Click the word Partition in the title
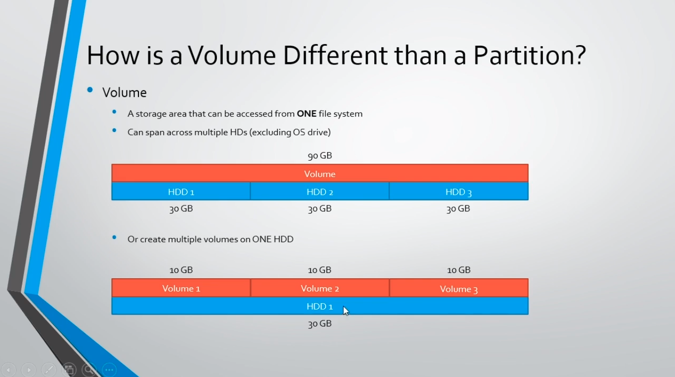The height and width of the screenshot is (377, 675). [530, 56]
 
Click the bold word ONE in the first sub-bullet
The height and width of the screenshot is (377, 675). [306, 114]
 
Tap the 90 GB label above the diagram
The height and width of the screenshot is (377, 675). [320, 156]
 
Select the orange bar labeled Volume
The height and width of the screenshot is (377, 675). [320, 173]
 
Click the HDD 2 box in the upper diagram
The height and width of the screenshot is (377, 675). [320, 191]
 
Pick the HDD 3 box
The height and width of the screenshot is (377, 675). [459, 191]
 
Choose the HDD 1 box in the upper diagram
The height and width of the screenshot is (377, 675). [181, 191]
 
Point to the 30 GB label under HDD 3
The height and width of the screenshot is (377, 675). [458, 209]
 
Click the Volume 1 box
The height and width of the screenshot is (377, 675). [181, 288]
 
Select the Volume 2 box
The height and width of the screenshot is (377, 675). [320, 288]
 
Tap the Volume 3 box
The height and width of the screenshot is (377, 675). [459, 288]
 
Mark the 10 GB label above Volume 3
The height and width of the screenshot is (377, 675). [459, 270]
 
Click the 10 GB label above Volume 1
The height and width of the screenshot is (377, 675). [181, 270]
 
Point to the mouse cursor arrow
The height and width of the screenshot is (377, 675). [345, 311]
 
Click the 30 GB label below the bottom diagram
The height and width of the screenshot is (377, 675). [320, 324]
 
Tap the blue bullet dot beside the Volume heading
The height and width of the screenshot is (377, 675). [90, 89]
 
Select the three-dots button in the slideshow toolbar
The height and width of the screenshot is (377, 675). [109, 370]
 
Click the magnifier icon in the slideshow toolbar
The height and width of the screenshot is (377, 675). [89, 370]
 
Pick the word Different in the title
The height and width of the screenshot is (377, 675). [335, 56]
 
